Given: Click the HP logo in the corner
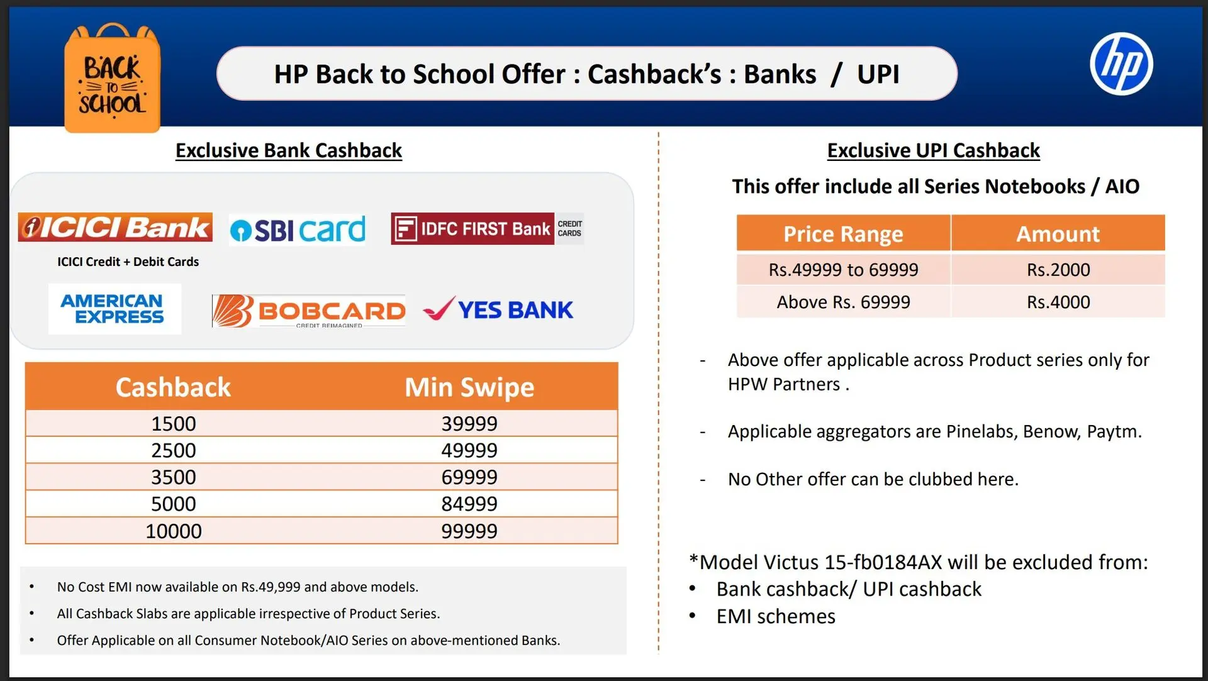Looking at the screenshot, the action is (x=1121, y=64).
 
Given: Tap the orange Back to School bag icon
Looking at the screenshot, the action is (x=113, y=78).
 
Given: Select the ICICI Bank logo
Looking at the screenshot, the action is (x=115, y=227).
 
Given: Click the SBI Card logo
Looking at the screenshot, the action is (x=297, y=230).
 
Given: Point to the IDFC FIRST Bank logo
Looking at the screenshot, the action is (x=487, y=228).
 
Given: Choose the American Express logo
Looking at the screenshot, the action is (x=115, y=309).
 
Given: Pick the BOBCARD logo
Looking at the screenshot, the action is (x=308, y=311).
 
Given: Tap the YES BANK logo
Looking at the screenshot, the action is (x=498, y=309).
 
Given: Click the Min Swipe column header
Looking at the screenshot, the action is (x=469, y=387).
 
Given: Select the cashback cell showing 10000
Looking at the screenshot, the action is (x=174, y=531).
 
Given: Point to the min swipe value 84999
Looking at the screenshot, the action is (x=469, y=504).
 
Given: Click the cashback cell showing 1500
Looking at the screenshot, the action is (x=174, y=424).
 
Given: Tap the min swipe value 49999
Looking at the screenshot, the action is (x=469, y=450).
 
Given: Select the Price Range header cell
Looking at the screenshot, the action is (x=843, y=233).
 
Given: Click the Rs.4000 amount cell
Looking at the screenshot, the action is (x=1058, y=302).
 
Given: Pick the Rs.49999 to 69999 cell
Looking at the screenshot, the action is (x=843, y=270).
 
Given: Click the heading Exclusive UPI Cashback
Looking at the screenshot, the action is (x=933, y=151).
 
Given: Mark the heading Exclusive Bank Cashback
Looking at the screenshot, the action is (x=288, y=151).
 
